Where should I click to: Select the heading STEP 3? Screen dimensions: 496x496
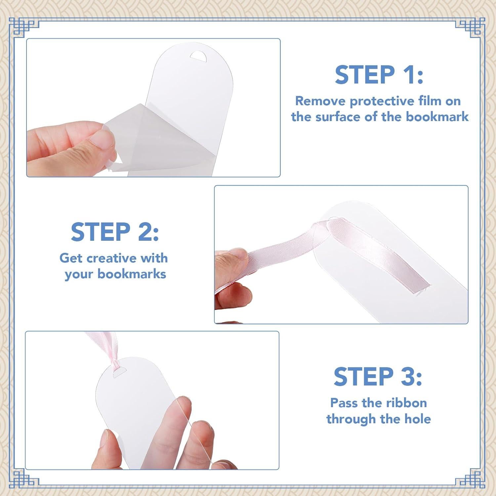tap(378, 377)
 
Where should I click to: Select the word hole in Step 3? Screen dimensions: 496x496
tap(418, 419)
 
